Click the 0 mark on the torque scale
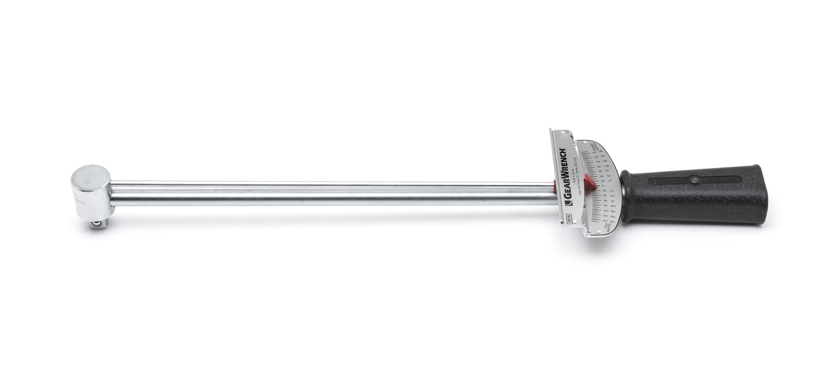pyautogui.click(x=602, y=186)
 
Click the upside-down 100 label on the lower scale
pyautogui.click(x=605, y=211)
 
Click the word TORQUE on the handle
pyautogui.click(x=669, y=180)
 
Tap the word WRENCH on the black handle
pyautogui.click(x=721, y=179)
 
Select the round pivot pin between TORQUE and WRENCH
pyautogui.click(x=694, y=179)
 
